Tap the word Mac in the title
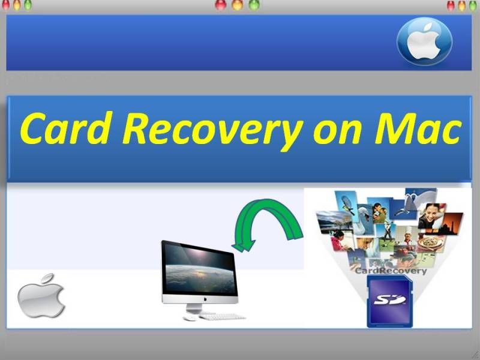pos(418,128)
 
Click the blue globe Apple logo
pos(424,41)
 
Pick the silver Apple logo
pos(41,295)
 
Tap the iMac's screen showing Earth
pos(200,268)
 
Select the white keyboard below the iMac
pos(222,316)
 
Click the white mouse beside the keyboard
pos(190,318)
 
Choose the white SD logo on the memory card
pos(389,299)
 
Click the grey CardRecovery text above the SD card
pos(391,271)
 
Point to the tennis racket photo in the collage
pos(347,204)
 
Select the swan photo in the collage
pos(364,220)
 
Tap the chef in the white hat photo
pos(407,236)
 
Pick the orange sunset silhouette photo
pos(449,223)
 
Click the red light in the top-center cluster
pos(220,5)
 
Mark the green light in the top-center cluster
pos(254,5)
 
